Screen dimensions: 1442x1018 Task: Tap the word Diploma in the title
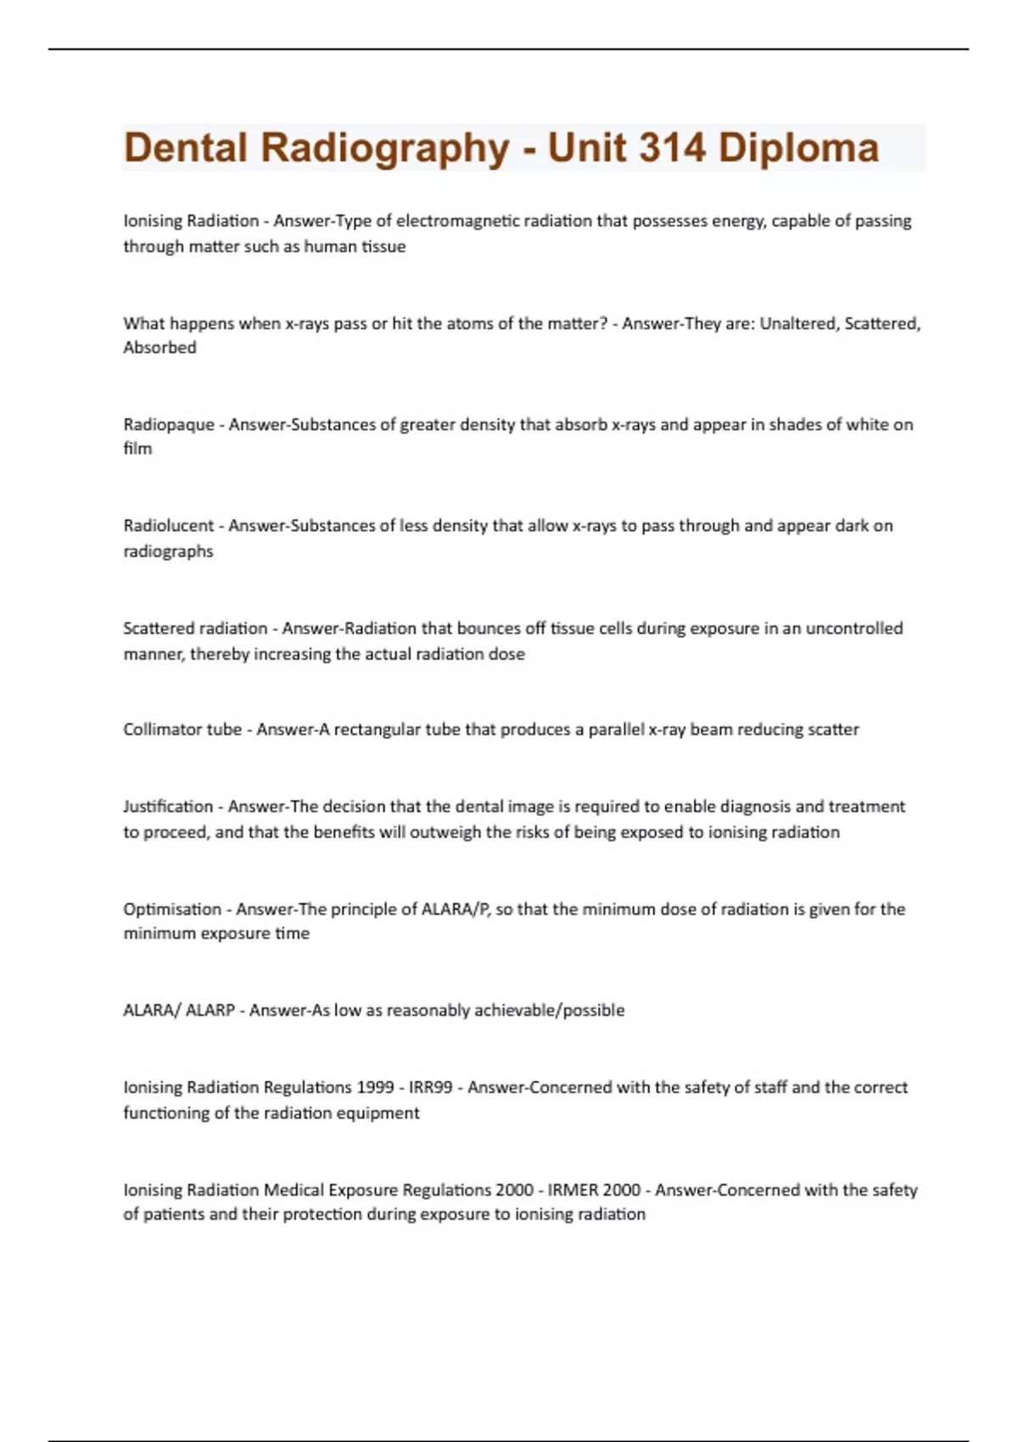[798, 148]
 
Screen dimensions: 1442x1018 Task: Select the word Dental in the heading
[186, 148]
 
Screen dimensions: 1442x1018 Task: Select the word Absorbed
[159, 348]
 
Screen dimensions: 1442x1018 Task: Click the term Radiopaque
[169, 424]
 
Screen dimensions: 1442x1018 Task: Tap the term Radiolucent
[169, 526]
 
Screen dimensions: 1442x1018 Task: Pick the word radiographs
[168, 551]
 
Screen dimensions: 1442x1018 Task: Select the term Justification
[168, 807]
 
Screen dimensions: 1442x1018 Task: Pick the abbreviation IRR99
[430, 1087]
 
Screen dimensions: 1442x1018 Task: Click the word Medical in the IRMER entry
[294, 1190]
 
